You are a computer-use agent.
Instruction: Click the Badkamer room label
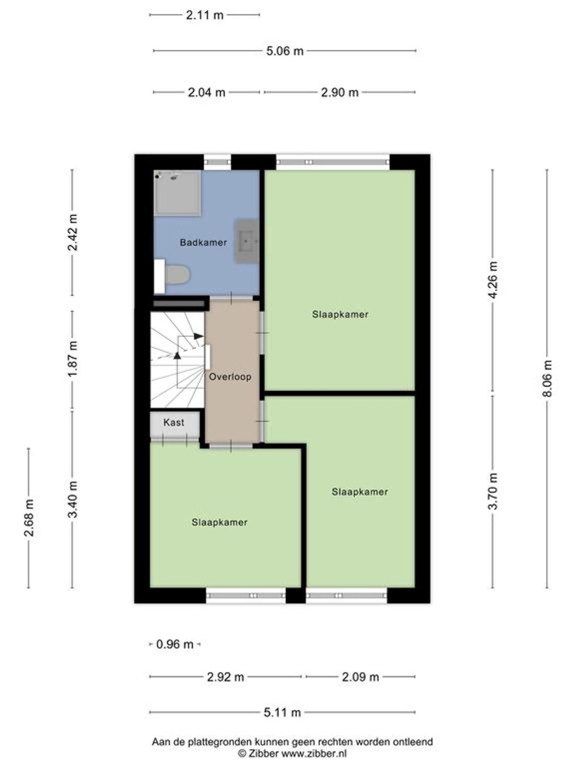pos(203,242)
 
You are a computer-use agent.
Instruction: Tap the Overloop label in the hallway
pos(230,377)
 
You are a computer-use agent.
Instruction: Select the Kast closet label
pos(173,422)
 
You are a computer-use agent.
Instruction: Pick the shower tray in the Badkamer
pos(178,193)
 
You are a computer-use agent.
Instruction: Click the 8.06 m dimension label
pos(547,378)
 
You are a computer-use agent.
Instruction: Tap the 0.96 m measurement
pos(174,644)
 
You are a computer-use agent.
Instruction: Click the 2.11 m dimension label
pos(204,15)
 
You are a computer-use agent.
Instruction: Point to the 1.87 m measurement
pos(73,359)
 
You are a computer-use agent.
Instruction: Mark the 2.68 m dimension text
pos(29,518)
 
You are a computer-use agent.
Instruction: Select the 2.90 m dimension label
pos(340,93)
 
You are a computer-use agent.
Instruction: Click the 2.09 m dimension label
pos(360,677)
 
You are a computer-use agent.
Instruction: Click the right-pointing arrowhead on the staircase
pos(199,336)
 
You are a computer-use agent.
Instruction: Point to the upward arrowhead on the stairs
pos(177,355)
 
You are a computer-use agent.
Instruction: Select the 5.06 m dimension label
pos(285,51)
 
